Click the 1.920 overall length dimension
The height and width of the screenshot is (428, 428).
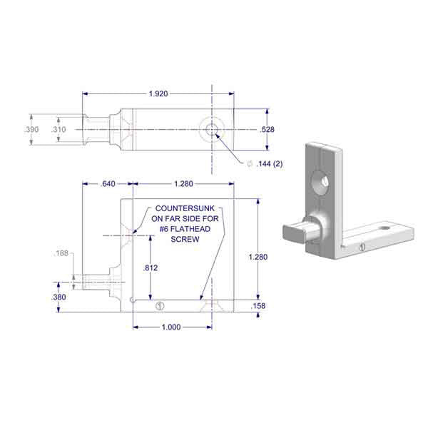point(158,93)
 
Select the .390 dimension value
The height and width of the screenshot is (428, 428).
point(32,130)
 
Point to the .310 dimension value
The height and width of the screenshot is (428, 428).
point(59,130)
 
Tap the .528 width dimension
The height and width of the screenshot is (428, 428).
point(267,130)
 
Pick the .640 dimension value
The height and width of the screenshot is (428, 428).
point(108,184)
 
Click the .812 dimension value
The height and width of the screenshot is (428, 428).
point(151,268)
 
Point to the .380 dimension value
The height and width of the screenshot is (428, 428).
point(60,297)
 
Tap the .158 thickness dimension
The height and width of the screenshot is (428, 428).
point(258,306)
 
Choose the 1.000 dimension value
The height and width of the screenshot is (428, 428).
point(171,327)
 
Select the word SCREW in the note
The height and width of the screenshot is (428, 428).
point(183,240)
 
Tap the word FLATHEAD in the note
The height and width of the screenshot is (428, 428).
point(193,230)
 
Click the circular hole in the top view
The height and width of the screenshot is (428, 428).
point(211,130)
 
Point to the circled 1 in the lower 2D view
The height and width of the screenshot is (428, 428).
point(159,306)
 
